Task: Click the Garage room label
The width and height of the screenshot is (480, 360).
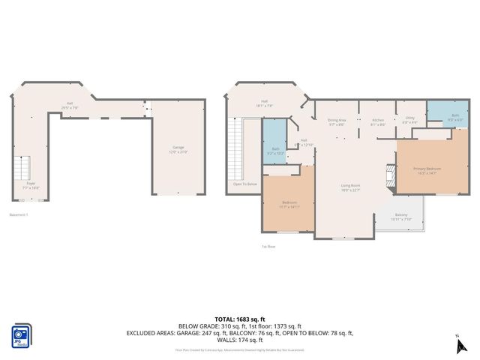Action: tap(178, 149)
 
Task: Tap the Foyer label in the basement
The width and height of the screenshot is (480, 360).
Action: tap(31, 184)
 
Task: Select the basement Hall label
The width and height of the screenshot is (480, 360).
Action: tap(70, 105)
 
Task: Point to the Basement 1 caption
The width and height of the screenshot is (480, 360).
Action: tap(19, 215)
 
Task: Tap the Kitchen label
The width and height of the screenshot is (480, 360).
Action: tap(379, 122)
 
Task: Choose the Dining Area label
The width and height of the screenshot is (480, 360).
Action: tap(337, 122)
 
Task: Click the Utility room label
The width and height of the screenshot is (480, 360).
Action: tap(409, 119)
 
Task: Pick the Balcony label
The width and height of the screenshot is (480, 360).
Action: tap(401, 217)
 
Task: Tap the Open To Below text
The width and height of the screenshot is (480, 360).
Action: tap(244, 184)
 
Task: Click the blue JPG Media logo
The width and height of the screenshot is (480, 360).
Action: tap(22, 336)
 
